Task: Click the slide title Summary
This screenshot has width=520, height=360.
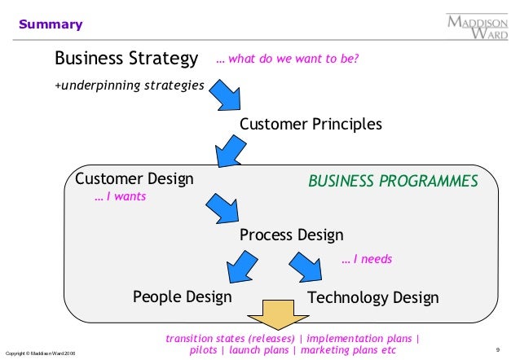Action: (x=51, y=24)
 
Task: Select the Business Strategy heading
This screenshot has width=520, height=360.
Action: (x=126, y=59)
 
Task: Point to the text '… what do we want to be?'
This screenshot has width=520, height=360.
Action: (x=287, y=59)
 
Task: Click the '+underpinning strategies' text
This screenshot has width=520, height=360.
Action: (x=129, y=85)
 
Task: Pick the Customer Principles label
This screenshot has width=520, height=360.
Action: (x=311, y=125)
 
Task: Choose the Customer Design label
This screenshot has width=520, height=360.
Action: (x=134, y=178)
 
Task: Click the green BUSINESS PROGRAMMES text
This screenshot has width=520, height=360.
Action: (x=393, y=181)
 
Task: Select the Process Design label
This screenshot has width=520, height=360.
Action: (x=292, y=235)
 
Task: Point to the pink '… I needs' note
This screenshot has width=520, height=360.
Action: (x=367, y=259)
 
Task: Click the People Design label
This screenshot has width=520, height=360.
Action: (x=182, y=297)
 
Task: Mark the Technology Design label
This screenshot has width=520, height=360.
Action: (x=373, y=298)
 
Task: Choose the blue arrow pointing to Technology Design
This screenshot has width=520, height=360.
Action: (x=305, y=266)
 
